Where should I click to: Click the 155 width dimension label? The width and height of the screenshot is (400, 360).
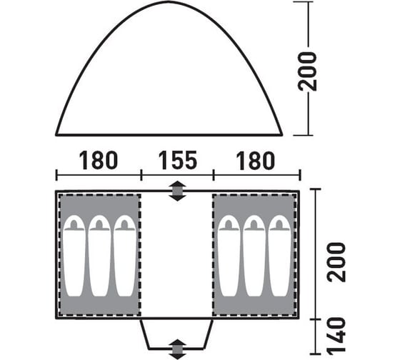(178, 160)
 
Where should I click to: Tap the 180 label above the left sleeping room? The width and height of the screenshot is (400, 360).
(99, 160)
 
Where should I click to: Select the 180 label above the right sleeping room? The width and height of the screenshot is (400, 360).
(256, 161)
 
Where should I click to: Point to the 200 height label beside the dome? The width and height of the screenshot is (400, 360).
(307, 71)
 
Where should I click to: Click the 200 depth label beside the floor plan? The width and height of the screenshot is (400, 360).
(336, 262)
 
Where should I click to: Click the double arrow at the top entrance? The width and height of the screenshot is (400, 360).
(178, 191)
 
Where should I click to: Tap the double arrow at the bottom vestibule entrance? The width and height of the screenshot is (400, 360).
(178, 349)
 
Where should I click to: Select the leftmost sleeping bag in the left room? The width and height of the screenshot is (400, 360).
(74, 256)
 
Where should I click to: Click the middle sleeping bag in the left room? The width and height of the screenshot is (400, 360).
(99, 256)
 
